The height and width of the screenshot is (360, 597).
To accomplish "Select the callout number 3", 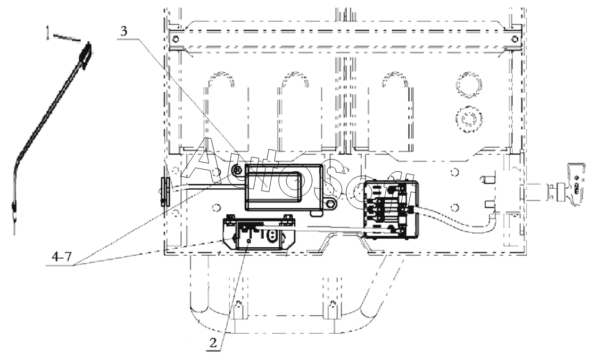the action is point(124,32).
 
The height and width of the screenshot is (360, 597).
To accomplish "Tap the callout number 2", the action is point(213,343).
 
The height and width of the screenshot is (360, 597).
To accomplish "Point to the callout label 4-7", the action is point(62,257).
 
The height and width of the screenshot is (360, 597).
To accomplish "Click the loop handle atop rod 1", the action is point(86,55).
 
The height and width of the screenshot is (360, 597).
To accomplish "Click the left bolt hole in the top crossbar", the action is point(175,39).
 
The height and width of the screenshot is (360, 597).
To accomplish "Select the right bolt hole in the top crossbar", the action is point(515,39).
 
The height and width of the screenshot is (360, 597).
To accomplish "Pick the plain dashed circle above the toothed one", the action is point(469,85).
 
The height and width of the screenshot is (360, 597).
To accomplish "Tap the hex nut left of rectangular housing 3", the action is point(237,169).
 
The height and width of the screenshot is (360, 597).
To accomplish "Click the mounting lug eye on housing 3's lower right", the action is point(331,204).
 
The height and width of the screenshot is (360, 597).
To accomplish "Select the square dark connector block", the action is point(391,209).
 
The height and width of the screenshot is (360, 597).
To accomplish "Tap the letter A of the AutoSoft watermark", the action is point(204,160).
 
